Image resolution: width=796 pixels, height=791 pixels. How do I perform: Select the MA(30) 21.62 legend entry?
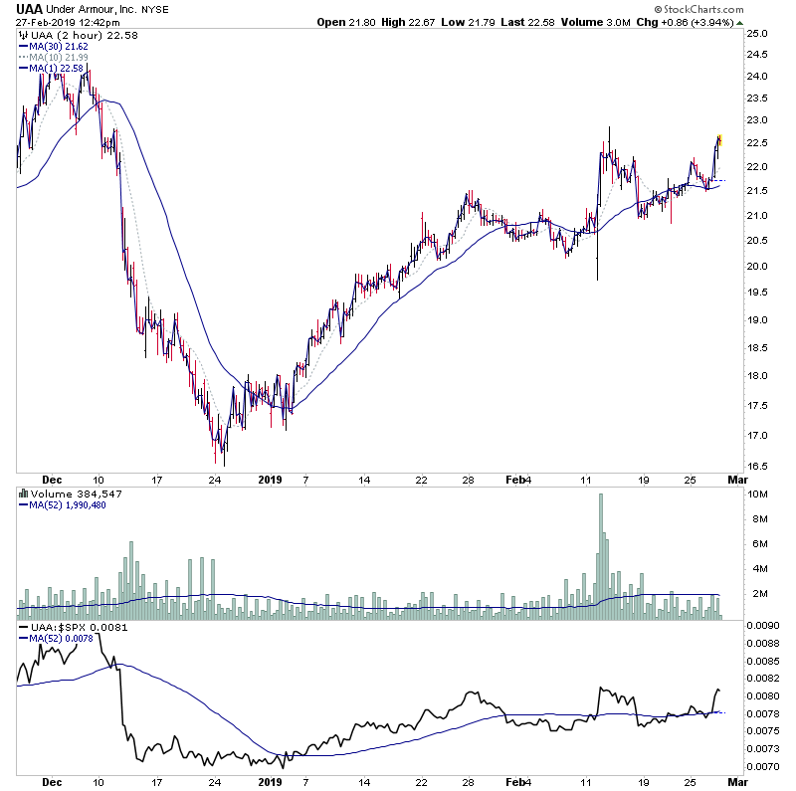click(x=55, y=46)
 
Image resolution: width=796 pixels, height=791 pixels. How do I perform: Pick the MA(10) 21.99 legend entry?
click(x=55, y=57)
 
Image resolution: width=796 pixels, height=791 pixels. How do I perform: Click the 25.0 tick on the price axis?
click(x=757, y=34)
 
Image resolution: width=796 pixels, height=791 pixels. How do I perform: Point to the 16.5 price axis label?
click(x=757, y=466)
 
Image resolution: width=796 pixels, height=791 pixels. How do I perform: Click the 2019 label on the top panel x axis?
click(x=270, y=479)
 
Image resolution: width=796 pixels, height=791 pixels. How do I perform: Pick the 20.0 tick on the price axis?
click(x=757, y=266)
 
